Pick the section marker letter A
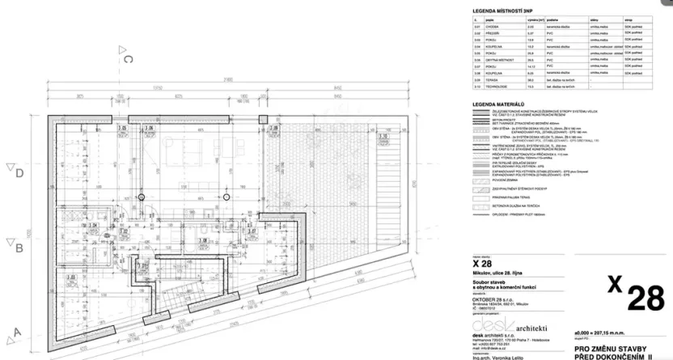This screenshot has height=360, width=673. click(x=15, y=332)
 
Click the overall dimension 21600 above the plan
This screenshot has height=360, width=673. click(x=228, y=79)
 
